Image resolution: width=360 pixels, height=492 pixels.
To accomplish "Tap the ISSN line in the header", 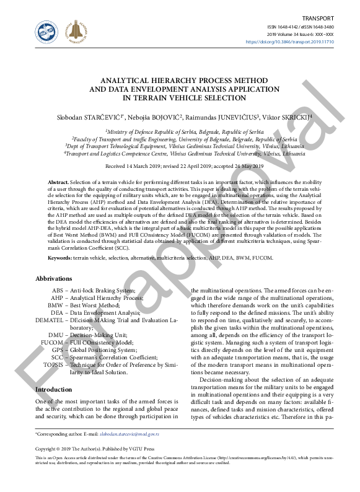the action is (x=300, y=27).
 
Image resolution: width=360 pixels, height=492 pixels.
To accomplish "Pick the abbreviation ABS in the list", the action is (x=58, y=291).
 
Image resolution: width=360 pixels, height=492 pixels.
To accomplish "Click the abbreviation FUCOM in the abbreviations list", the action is (x=52, y=341).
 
